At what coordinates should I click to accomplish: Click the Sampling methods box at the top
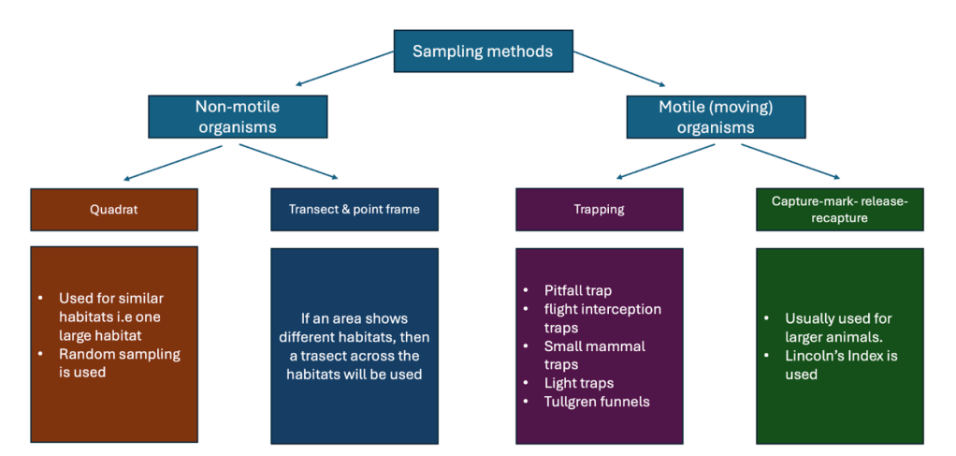pos(482,51)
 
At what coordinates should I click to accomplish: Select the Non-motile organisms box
pos(239,116)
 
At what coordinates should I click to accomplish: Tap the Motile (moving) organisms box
pos(717,116)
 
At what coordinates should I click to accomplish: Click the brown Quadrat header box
pos(114,209)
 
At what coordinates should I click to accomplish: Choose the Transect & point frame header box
pos(354,209)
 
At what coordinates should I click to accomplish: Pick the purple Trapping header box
pos(599,209)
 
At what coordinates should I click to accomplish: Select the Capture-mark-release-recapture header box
pos(839,209)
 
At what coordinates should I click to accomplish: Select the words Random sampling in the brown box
pos(120,354)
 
